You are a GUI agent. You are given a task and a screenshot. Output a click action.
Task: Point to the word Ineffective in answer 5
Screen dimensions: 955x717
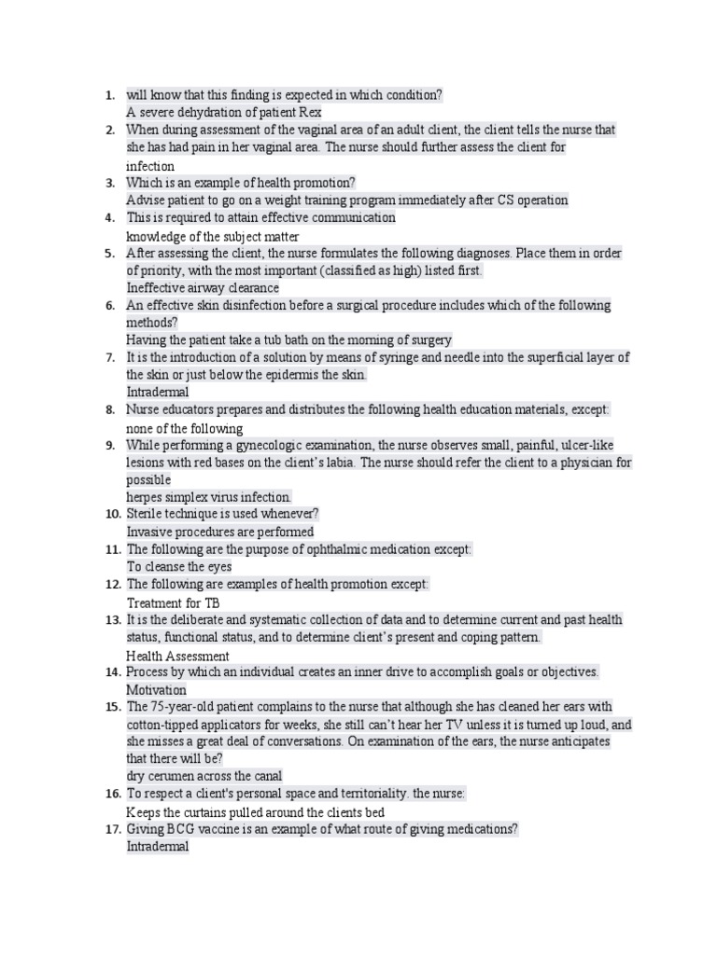[158, 288]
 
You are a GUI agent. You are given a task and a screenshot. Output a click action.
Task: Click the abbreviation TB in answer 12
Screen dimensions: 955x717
[212, 602]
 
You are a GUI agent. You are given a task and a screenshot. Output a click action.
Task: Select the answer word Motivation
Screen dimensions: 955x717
[157, 690]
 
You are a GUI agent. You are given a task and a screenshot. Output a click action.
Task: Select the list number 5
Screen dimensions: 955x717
[110, 254]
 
